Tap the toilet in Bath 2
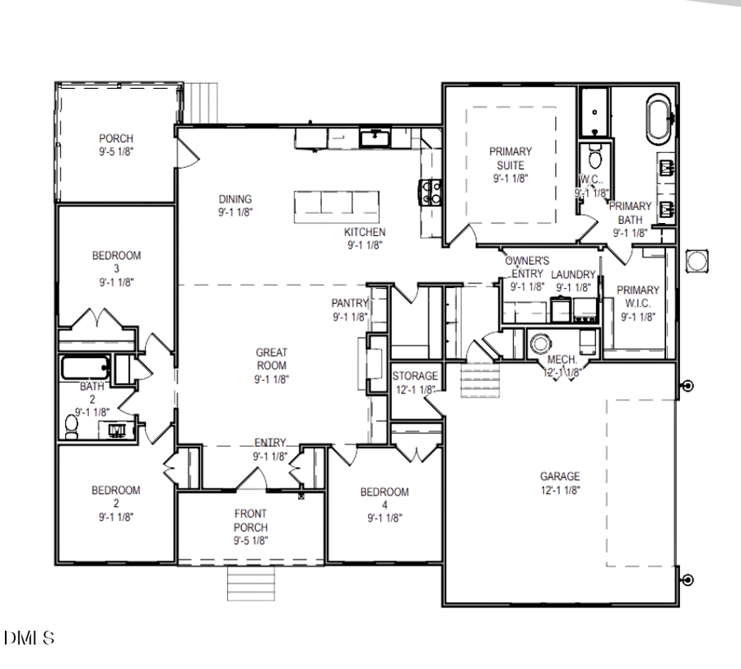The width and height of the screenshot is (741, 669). point(72,425)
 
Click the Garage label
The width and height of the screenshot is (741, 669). point(560,476)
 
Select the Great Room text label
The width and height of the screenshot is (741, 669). point(271,359)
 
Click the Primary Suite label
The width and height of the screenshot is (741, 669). point(510,157)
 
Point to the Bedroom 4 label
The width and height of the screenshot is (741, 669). point(384,493)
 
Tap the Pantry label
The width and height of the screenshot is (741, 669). point(349,304)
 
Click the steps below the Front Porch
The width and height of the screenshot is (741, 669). point(245,583)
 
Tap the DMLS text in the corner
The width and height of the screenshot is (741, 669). point(30,638)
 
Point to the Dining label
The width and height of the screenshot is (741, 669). point(235,199)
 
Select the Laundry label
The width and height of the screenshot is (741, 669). point(573,275)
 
